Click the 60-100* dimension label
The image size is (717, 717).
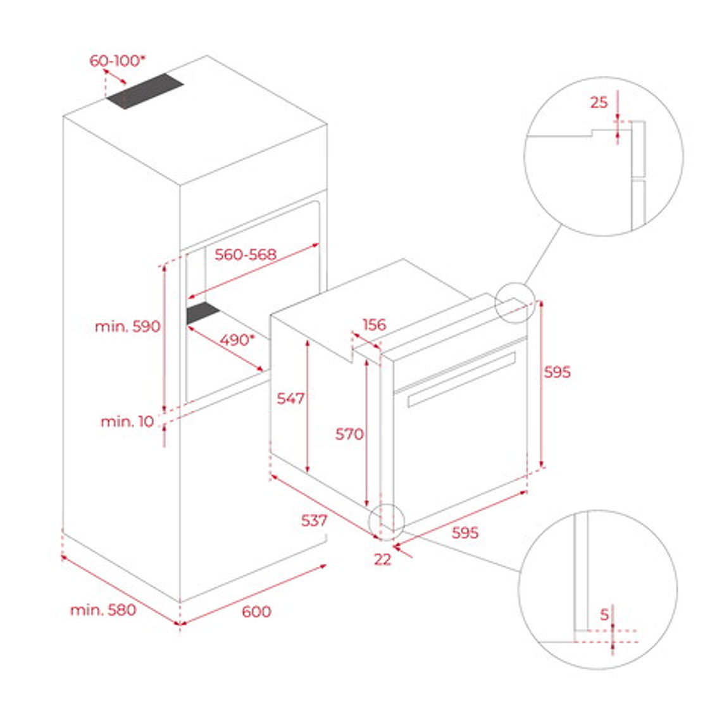tap(117, 61)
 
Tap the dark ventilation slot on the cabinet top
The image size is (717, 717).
tap(144, 91)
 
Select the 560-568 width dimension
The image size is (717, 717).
tap(246, 254)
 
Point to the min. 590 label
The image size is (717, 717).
tap(127, 327)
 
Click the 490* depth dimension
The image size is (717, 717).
tap(237, 340)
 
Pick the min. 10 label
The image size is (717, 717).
tap(127, 421)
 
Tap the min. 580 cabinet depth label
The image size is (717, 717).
tap(103, 610)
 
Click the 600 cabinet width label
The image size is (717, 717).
tap(256, 611)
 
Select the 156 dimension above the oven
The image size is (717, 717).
tap(374, 325)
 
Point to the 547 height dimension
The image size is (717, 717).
tap(290, 398)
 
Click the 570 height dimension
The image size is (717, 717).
tap(349, 434)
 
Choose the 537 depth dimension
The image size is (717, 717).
tap(314, 520)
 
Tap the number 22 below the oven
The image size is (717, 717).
tap(382, 559)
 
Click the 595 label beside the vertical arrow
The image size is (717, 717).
tap(558, 372)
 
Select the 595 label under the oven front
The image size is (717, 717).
tap(465, 533)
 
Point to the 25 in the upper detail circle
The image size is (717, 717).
tap(599, 102)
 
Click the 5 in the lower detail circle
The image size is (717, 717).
tap(604, 614)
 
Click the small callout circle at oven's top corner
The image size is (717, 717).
tap(516, 302)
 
